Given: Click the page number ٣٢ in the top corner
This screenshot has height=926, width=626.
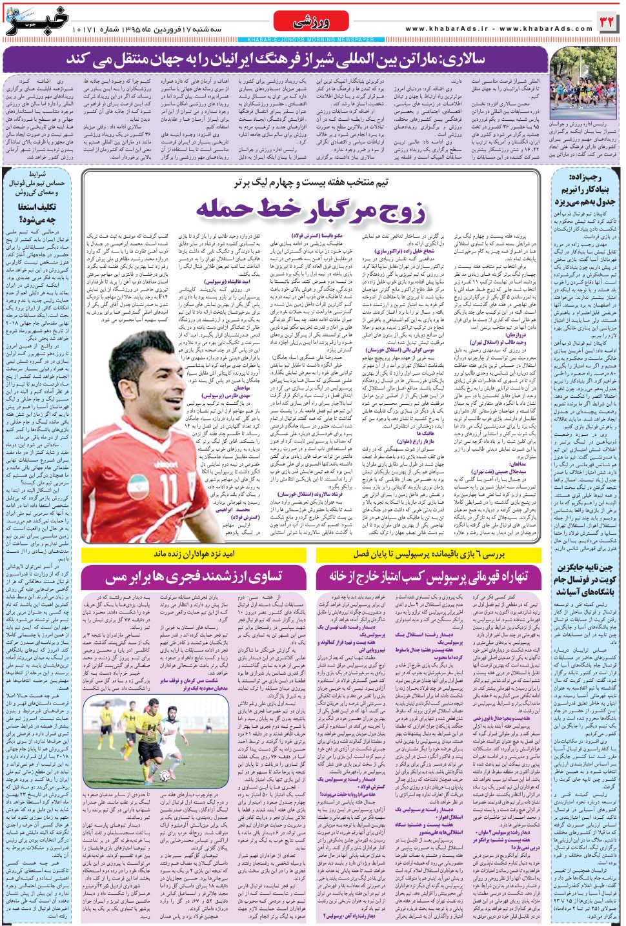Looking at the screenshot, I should [607, 22].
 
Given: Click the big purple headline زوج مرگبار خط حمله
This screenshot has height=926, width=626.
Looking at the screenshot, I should [311, 209].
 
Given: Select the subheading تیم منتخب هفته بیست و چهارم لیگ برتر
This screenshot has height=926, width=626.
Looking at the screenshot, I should [311, 183].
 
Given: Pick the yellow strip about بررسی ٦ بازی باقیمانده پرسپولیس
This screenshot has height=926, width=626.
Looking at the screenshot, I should [429, 554].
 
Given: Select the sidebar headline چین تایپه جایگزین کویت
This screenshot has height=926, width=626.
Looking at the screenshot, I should [583, 579].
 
